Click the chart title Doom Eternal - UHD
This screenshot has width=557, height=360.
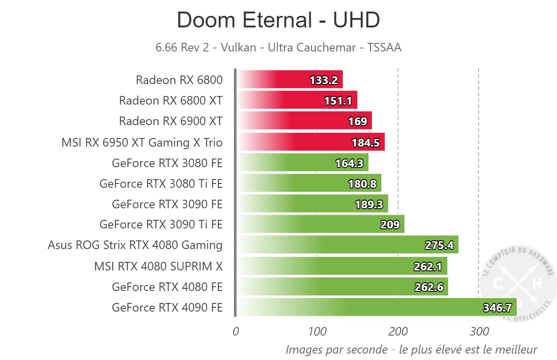(x=278, y=20)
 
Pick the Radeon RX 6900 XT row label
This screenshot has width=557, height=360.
(x=171, y=121)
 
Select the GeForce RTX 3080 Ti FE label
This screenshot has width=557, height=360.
(x=161, y=184)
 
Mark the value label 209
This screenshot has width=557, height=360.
(x=390, y=225)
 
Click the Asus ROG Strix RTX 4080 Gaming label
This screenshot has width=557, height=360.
(x=135, y=245)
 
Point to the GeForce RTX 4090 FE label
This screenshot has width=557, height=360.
(x=167, y=308)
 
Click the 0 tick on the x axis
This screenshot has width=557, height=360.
(x=236, y=331)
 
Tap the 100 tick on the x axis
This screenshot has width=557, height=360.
(x=317, y=331)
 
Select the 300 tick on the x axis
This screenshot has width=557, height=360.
(x=479, y=331)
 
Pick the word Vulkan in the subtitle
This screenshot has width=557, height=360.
(x=237, y=47)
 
